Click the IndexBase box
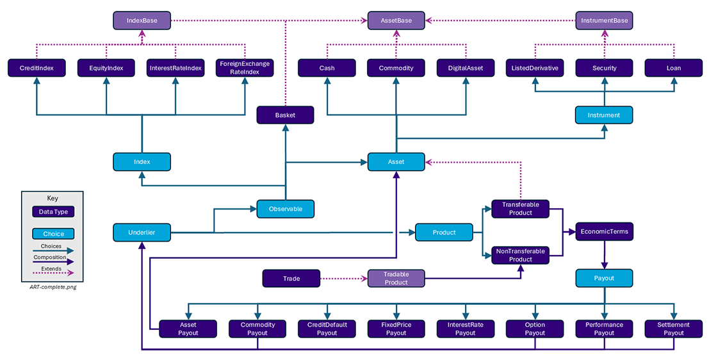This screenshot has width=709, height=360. pyautogui.click(x=142, y=21)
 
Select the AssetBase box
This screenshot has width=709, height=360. pyautogui.click(x=396, y=21)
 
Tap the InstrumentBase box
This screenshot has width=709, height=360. pyautogui.click(x=603, y=21)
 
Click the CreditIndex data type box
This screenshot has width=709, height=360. pyautogui.click(x=37, y=68)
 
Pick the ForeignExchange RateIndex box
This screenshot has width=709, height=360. pyautogui.click(x=245, y=68)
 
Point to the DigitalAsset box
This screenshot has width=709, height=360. pyautogui.click(x=465, y=68)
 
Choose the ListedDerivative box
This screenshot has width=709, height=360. pyautogui.click(x=534, y=68)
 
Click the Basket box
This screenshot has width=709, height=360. pyautogui.click(x=285, y=115)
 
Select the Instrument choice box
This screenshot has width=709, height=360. pyautogui.click(x=603, y=115)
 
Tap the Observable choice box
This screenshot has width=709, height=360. pyautogui.click(x=285, y=209)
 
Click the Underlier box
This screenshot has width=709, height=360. pyautogui.click(x=142, y=233)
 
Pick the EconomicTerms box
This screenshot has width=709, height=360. pyautogui.click(x=603, y=232)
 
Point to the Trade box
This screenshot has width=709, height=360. pyautogui.click(x=291, y=279)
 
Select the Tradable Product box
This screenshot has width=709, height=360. pyautogui.click(x=396, y=279)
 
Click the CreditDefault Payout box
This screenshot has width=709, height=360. pyautogui.click(x=327, y=329)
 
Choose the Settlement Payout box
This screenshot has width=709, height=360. pyautogui.click(x=673, y=329)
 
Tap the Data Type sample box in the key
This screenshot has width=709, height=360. pyautogui.click(x=53, y=211)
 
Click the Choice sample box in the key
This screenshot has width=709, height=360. pyautogui.click(x=53, y=234)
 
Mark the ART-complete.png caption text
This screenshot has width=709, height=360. pyautogui.click(x=53, y=287)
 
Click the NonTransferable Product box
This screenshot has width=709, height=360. pyautogui.click(x=520, y=255)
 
